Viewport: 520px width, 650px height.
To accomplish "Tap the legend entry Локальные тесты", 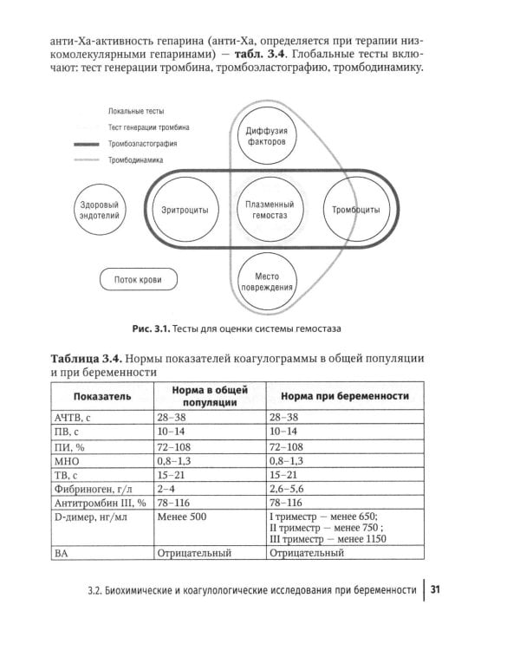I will [x=136, y=112].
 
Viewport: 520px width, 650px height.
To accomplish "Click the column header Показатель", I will [x=102, y=395].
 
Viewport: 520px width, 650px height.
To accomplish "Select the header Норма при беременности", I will [x=344, y=395].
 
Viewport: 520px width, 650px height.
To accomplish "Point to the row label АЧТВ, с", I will [x=79, y=417].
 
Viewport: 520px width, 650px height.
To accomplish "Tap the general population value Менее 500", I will [x=185, y=517].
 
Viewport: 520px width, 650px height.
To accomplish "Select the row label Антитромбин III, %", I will [x=101, y=503].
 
